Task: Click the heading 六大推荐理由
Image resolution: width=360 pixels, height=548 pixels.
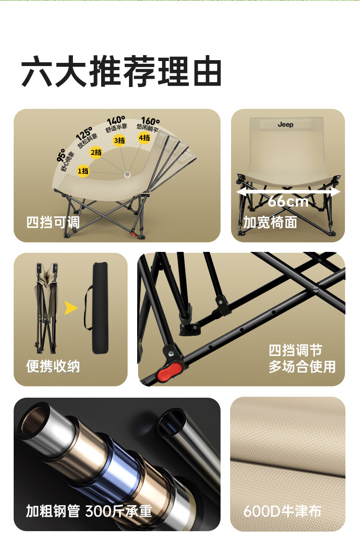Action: pyautogui.click(x=121, y=71)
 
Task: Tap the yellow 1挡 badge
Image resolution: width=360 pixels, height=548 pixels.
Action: pyautogui.click(x=83, y=171)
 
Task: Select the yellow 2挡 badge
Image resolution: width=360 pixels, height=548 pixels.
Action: pyautogui.click(x=96, y=153)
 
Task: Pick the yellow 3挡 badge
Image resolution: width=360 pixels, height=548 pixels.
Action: pyautogui.click(x=119, y=141)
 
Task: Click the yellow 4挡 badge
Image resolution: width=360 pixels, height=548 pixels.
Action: pyautogui.click(x=144, y=138)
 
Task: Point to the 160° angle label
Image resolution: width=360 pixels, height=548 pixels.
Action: pyautogui.click(x=150, y=121)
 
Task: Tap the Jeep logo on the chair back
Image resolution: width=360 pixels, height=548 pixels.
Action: pyautogui.click(x=285, y=125)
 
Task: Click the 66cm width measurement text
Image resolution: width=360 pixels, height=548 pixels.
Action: pyautogui.click(x=288, y=202)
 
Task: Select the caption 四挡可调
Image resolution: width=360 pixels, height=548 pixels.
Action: pyautogui.click(x=53, y=222)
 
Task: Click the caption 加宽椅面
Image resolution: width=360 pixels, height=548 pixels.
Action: pyautogui.click(x=270, y=222)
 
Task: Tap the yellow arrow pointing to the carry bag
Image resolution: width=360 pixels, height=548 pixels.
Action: pyautogui.click(x=71, y=308)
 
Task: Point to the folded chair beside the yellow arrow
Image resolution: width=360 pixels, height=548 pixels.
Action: pyautogui.click(x=46, y=308)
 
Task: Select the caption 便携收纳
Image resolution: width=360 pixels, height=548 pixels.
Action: pyautogui.click(x=53, y=366)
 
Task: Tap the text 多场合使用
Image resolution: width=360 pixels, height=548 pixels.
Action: pyautogui.click(x=302, y=367)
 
